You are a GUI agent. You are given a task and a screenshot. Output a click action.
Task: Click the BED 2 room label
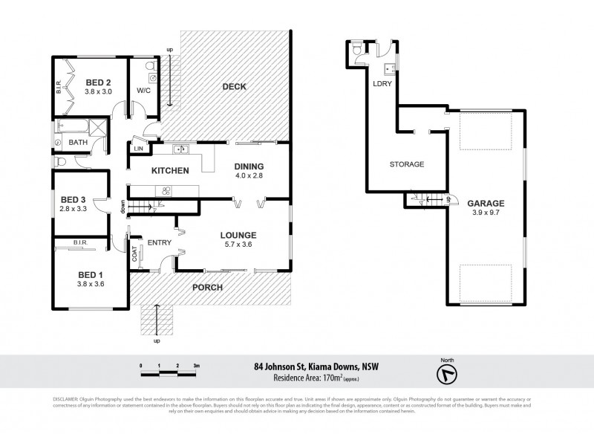pos(97,83)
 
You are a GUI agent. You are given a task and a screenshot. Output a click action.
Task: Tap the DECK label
pos(234,87)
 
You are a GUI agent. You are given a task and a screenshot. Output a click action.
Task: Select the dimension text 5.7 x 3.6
pos(238,242)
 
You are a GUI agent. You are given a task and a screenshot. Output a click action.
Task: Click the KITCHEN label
pos(170,171)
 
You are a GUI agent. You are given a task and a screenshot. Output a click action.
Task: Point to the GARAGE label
pos(486,203)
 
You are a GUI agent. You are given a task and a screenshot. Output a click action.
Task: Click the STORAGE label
pos(407,164)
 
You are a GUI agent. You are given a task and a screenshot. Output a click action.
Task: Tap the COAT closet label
pos(135,253)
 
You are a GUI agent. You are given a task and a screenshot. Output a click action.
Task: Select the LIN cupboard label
pos(138,149)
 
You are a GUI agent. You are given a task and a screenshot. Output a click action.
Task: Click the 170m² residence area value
pos(328,378)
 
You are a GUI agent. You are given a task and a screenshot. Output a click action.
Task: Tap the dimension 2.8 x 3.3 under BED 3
pos(74,210)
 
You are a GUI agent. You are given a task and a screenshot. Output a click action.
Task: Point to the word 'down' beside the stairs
pos(123,206)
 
